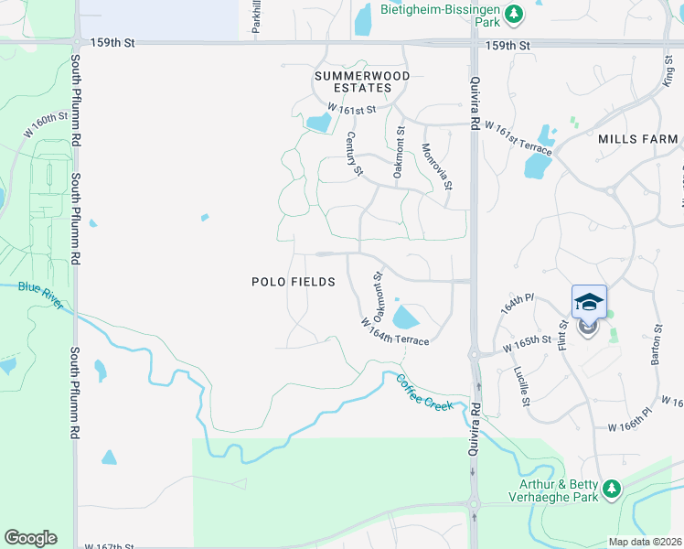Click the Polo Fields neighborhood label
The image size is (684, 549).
[x=293, y=282]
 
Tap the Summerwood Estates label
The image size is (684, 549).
[x=361, y=81]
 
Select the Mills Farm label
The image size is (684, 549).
[x=637, y=139]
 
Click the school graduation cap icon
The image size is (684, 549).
[x=589, y=302]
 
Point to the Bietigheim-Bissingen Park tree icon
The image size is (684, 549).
[x=514, y=14]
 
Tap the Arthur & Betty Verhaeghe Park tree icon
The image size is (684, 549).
[x=610, y=489]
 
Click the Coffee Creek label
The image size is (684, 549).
[x=424, y=392]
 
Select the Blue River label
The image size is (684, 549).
[x=40, y=295]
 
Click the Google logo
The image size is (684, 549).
[x=30, y=538]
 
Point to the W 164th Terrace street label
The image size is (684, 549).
[x=394, y=330]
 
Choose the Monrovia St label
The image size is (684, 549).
[x=437, y=167]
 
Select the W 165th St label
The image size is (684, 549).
[x=528, y=346]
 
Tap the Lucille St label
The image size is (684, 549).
[x=522, y=387]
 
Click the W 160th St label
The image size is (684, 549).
[x=46, y=125]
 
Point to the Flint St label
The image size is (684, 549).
[x=563, y=333]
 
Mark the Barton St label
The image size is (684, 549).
[x=656, y=344]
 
